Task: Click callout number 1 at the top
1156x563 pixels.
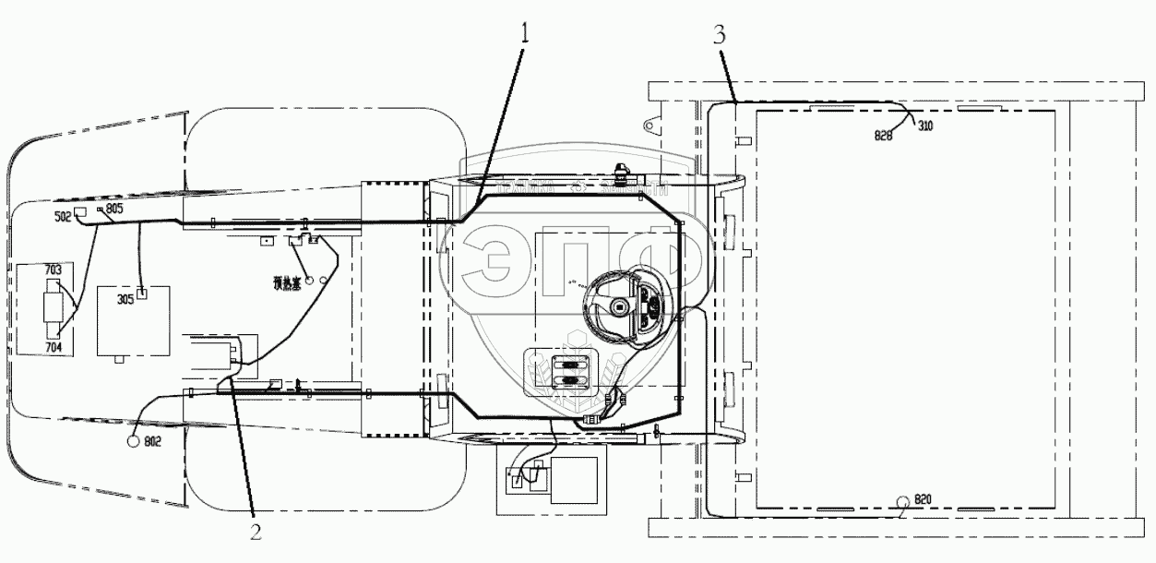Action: [525, 34]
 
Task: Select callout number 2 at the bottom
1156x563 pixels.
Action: [256, 531]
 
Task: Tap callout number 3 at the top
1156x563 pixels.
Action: [720, 36]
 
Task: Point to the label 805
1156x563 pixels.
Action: [114, 210]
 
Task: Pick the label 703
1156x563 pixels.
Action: [54, 270]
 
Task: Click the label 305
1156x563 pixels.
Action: [125, 298]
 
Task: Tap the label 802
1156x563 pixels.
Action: [152, 442]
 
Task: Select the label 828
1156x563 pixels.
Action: [884, 135]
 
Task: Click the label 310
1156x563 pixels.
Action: [924, 126]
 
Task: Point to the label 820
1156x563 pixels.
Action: [923, 499]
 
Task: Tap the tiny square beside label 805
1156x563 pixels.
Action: [101, 210]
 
